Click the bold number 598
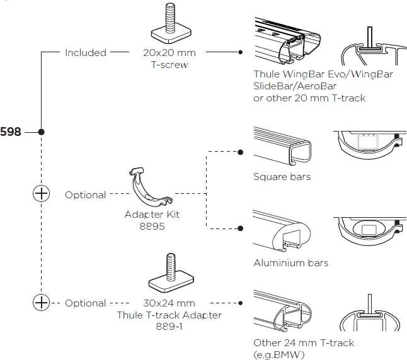pos(10,132)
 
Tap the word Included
pos(86,53)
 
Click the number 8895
pos(152,226)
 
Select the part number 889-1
pos(169,326)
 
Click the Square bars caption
pos(282,177)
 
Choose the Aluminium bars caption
pos(290,262)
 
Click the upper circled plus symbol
pos(41,194)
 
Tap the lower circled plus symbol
pos(41,303)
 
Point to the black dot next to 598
pos(41,132)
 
